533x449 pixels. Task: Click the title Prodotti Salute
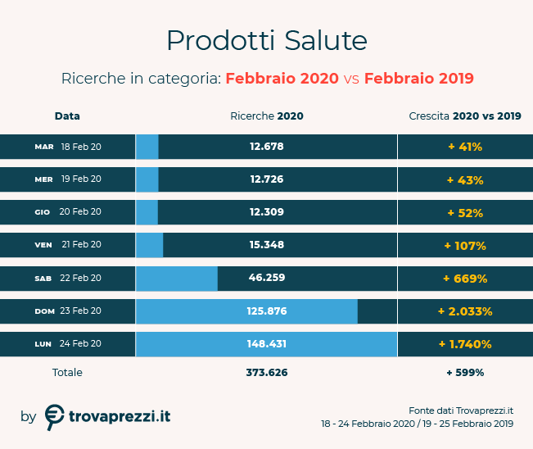point(266,40)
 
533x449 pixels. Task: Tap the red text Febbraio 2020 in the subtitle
point(282,79)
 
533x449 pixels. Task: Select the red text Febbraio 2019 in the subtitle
point(418,79)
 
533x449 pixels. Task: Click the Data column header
point(67,116)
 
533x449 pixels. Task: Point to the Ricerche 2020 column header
point(266,116)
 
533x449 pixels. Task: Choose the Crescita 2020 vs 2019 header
point(464,116)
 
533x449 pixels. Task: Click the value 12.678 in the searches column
point(266,147)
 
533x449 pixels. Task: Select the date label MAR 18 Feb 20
point(68,147)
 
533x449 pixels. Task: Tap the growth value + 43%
point(465,179)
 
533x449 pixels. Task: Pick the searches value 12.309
point(266,212)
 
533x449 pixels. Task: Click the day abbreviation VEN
point(43,245)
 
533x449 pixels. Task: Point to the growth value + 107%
point(465,245)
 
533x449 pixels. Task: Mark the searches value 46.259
point(266,278)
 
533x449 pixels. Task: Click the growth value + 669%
point(465,278)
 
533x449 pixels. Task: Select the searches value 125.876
point(266,311)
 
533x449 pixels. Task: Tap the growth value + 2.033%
point(465,311)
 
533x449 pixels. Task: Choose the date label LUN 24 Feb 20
point(68,343)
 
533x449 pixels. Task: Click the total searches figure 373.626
point(266,372)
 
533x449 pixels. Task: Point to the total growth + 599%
point(465,372)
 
